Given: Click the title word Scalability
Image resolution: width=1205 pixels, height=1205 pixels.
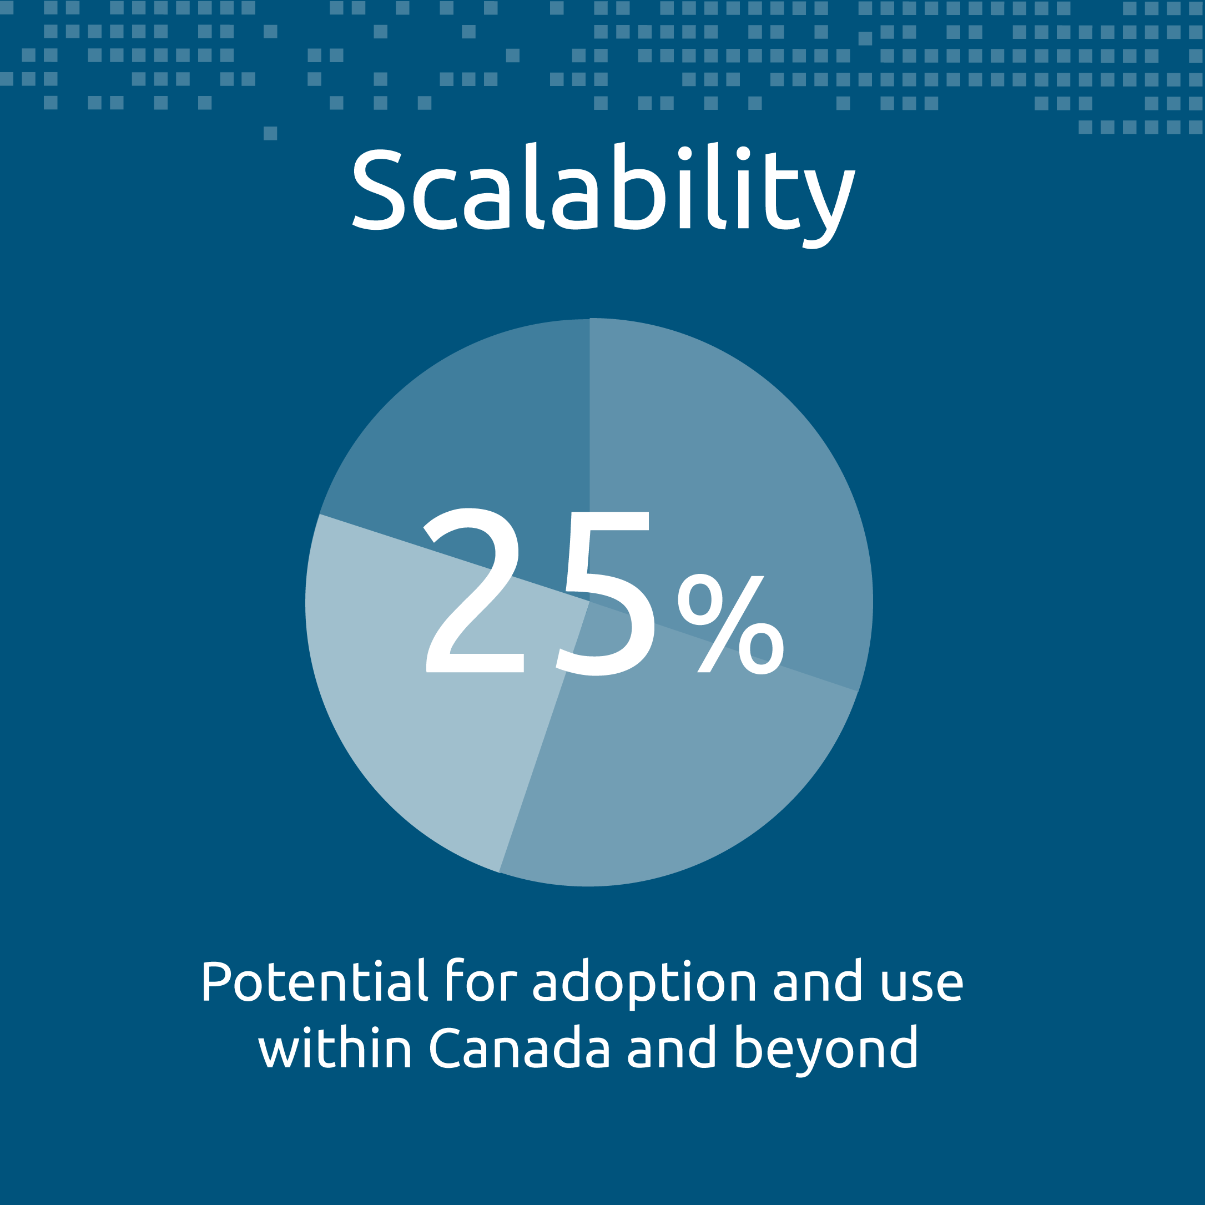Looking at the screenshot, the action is (x=604, y=195).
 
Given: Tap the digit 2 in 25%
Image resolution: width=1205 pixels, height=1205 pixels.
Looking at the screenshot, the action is (x=474, y=591).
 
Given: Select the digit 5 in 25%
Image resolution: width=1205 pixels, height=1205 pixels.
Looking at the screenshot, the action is (x=605, y=593).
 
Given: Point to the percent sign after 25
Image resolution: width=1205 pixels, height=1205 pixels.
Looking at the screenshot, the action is (x=730, y=624).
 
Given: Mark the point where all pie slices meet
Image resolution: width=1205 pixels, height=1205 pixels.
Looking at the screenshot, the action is (x=589, y=602).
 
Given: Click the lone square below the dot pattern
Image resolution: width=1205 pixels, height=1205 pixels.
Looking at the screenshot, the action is (x=270, y=133).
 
